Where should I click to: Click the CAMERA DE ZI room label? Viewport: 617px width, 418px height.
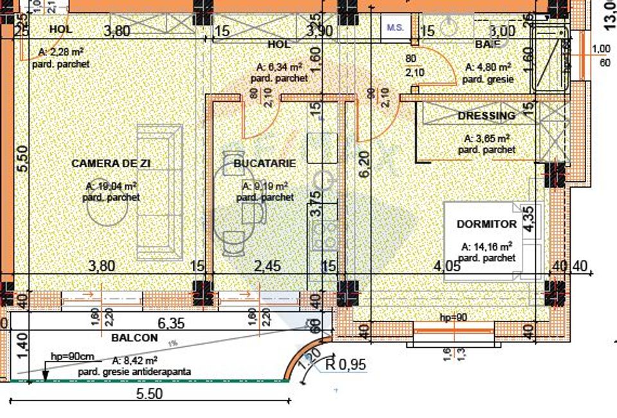click(x=111, y=164)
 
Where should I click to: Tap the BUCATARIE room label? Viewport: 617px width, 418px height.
click(x=265, y=163)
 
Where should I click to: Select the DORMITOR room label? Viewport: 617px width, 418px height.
click(x=487, y=224)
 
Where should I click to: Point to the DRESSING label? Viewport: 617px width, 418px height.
click(x=487, y=116)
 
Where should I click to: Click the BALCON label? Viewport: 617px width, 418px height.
click(x=134, y=338)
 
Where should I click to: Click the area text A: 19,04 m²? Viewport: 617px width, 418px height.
click(x=111, y=187)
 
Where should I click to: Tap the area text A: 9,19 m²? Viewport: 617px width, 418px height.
click(x=265, y=186)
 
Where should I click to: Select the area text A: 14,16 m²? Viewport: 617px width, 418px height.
click(x=487, y=246)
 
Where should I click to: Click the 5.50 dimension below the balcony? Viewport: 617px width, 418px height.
click(x=149, y=394)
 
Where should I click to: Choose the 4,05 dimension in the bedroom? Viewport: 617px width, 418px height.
click(x=447, y=266)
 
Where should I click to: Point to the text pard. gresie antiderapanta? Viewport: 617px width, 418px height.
click(x=134, y=372)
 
